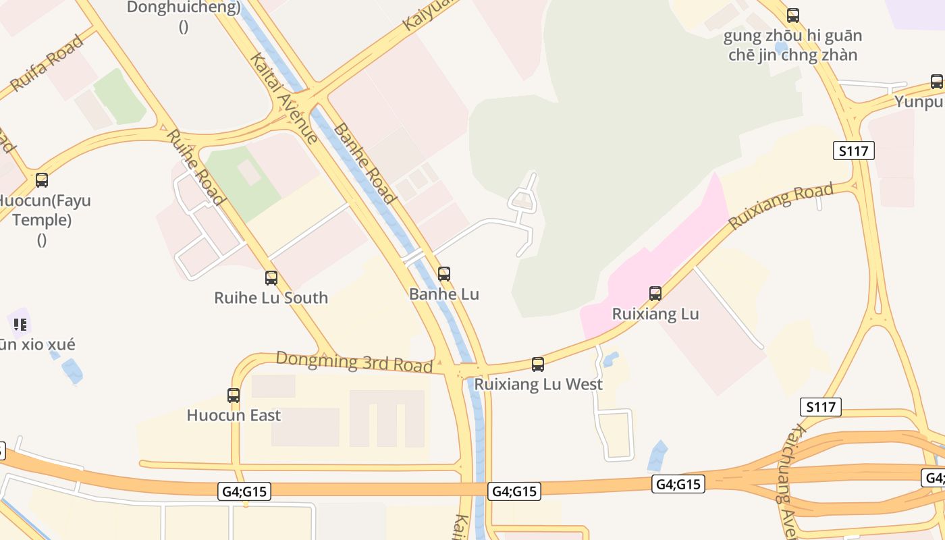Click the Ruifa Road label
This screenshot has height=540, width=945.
pyautogui.click(x=47, y=63)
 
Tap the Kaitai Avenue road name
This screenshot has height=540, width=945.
pyautogui.click(x=283, y=99)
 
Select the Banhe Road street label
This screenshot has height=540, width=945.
pyautogui.click(x=364, y=163)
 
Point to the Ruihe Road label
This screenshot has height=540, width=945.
pyautogui.click(x=194, y=166)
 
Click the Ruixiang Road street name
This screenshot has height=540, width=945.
pyautogui.click(x=782, y=206)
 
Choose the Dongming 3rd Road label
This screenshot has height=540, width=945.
pyautogui.click(x=354, y=362)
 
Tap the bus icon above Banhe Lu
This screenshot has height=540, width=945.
pyautogui.click(x=444, y=274)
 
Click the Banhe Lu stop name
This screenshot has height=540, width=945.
pyautogui.click(x=444, y=294)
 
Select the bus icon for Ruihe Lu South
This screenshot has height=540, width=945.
pyautogui.click(x=271, y=277)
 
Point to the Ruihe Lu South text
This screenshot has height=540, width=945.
pyautogui.click(x=271, y=298)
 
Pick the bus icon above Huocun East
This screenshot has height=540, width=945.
pyautogui.click(x=234, y=396)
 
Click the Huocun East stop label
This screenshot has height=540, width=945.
pyautogui.click(x=234, y=415)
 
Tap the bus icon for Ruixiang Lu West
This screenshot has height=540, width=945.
pyautogui.click(x=538, y=364)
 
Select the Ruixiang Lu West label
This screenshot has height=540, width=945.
pyautogui.click(x=538, y=384)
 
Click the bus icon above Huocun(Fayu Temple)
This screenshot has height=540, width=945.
pyautogui.click(x=42, y=180)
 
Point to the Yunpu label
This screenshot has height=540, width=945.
pyautogui.click(x=919, y=102)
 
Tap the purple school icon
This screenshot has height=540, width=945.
pyautogui.click(x=20, y=325)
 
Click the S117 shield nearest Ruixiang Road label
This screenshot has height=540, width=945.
pyautogui.click(x=853, y=151)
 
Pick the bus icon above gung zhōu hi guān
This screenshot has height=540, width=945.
pyautogui.click(x=793, y=15)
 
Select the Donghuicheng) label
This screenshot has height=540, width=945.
pyautogui.click(x=184, y=8)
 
